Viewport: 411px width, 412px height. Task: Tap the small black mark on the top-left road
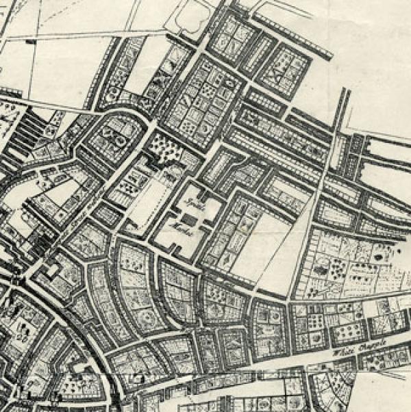tap(32, 42)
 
